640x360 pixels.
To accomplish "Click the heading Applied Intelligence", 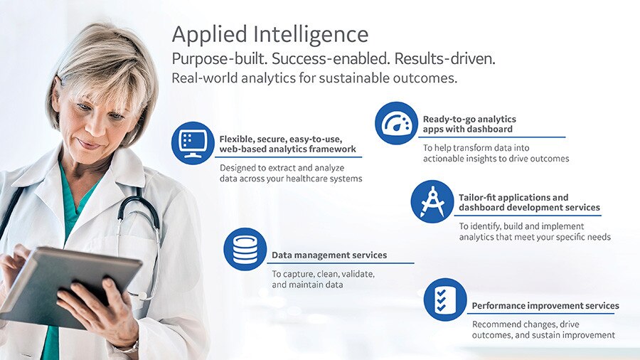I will point(270,34).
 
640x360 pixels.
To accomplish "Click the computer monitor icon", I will point(193,143).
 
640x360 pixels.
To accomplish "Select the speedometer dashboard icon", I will point(396,123).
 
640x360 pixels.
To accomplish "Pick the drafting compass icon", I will point(432,201).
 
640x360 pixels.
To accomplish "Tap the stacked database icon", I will point(245,249).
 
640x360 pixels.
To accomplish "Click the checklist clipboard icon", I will point(445,300).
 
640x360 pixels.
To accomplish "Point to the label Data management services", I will point(329,255).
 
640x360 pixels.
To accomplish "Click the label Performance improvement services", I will point(545,306).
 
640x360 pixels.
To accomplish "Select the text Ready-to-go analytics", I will point(469,119).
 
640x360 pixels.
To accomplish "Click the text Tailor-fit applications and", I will point(513,197).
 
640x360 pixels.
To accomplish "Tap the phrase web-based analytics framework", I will point(287,149).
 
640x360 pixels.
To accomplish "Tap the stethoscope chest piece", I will point(143,294).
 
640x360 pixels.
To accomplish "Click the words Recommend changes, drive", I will point(525,324).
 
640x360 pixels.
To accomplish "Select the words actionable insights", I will point(473,159).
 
